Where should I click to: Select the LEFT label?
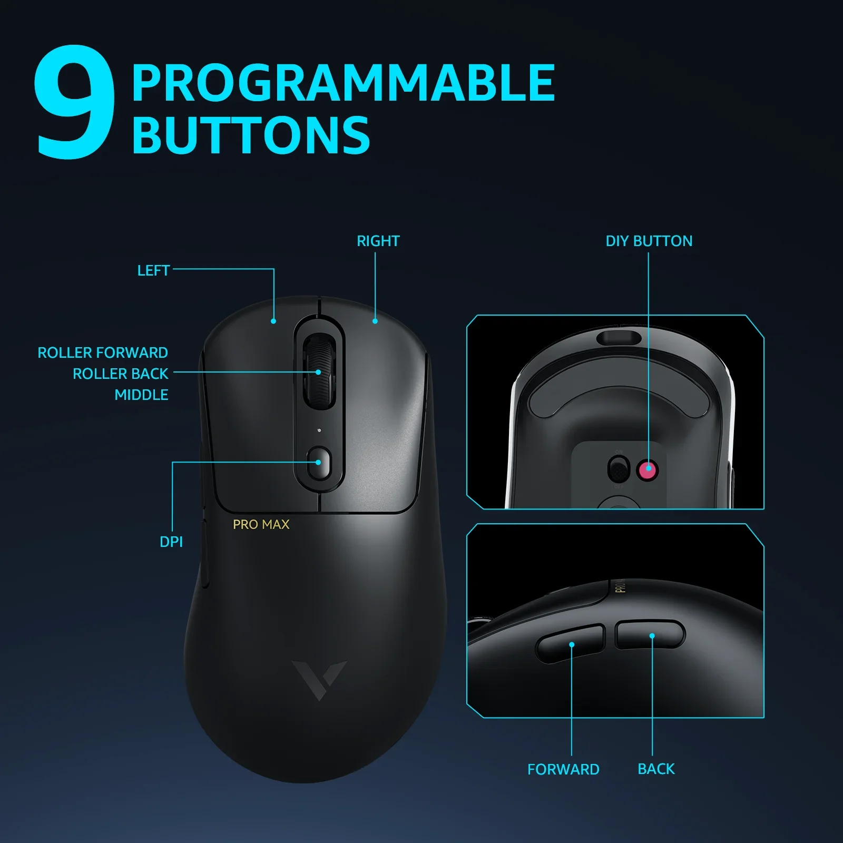point(153,270)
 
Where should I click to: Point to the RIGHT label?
point(378,241)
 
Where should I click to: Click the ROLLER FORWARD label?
point(103,352)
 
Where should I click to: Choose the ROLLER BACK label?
point(120,374)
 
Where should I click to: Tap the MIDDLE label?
point(141,395)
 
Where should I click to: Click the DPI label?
point(171,542)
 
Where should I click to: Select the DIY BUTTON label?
point(649,241)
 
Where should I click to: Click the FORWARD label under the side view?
point(563,769)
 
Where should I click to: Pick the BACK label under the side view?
point(656,769)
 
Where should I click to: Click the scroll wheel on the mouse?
point(319,371)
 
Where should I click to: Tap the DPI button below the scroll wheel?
point(319,463)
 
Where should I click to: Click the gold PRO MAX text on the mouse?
point(261,524)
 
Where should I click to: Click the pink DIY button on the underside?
point(648,469)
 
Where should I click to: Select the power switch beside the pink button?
point(619,469)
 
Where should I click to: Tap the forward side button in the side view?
point(571,643)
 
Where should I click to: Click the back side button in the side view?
point(650,634)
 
